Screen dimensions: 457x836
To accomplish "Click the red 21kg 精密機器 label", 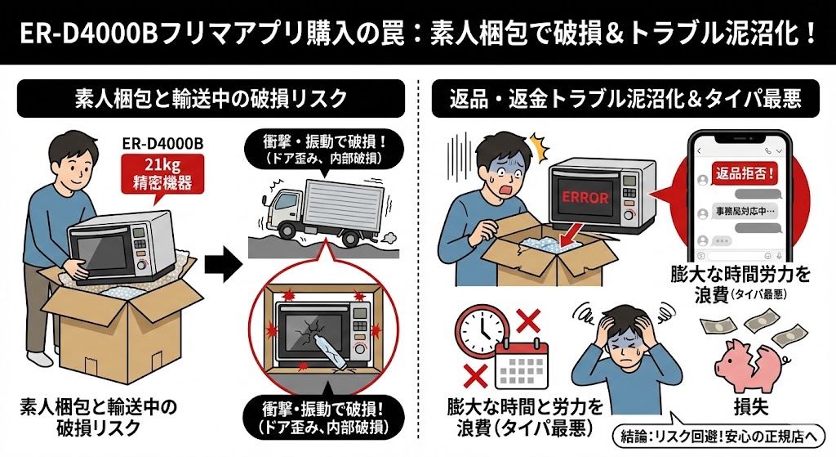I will tap(158, 174).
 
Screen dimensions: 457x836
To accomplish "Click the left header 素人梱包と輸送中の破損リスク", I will tap(211, 98).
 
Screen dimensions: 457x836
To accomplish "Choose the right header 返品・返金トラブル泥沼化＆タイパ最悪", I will tap(625, 98).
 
